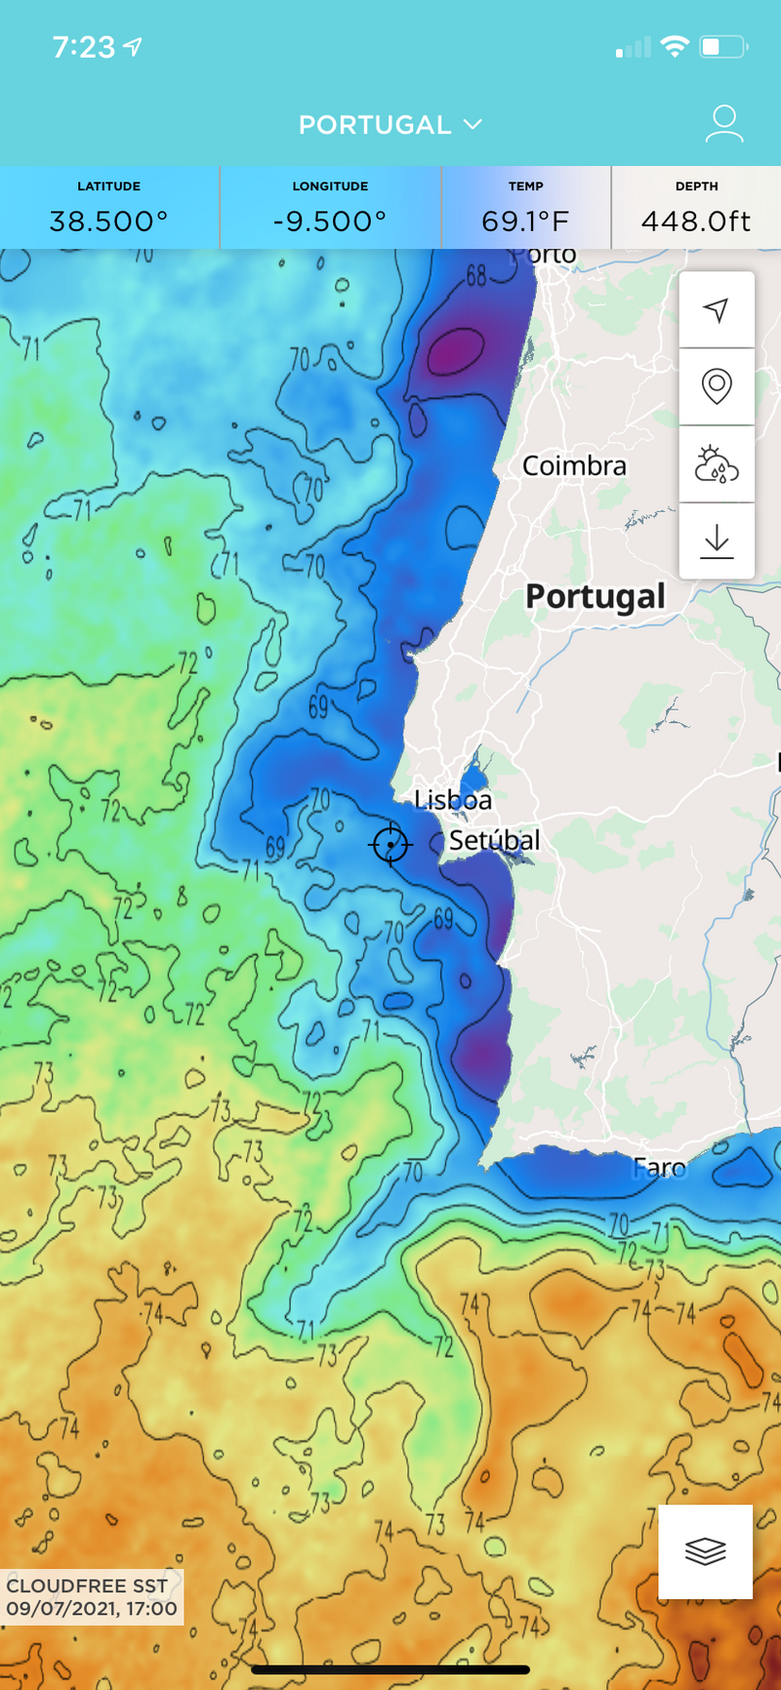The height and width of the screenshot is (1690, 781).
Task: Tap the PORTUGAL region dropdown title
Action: pos(390,125)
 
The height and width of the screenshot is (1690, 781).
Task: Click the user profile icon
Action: pos(723,124)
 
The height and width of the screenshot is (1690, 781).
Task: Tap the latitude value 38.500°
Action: pos(108,221)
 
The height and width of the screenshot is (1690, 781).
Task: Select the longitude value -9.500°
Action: pos(330,221)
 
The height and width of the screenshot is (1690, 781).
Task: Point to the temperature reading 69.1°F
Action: pos(525,221)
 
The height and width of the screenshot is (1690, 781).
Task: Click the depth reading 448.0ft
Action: pos(696,221)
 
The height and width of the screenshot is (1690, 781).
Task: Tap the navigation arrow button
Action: pos(717,310)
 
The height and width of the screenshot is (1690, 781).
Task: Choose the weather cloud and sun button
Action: pos(717,464)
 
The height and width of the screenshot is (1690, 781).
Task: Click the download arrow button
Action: pos(717,541)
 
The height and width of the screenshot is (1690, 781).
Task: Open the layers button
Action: pos(705,1550)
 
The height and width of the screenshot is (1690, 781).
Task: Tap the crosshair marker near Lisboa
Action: pos(390,844)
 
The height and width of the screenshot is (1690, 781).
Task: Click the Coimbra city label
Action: pos(574,466)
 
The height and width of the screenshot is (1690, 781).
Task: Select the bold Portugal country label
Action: pos(596,596)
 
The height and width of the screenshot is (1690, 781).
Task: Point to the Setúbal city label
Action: pos(494,840)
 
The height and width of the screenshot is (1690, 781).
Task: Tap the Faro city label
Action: pos(660,1167)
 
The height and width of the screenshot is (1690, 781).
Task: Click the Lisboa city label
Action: pos(453,800)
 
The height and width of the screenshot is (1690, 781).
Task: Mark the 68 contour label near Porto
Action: pos(475,276)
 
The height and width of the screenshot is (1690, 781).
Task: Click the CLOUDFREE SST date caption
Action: pos(92,1597)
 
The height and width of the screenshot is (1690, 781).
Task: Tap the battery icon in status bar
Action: pos(723,46)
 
